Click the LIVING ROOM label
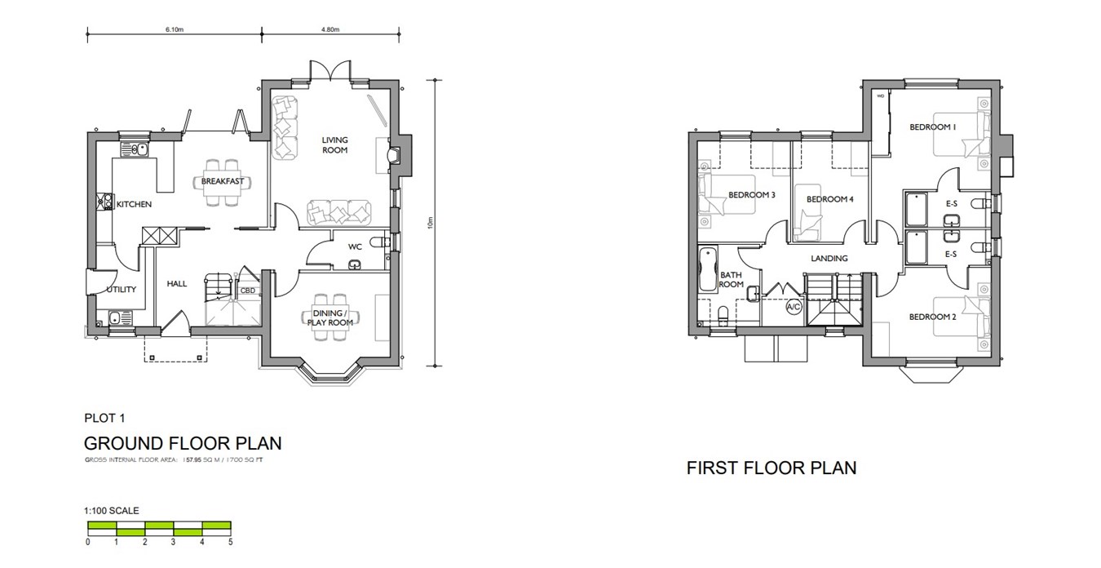point(334,145)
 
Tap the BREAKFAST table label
point(223,181)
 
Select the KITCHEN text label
point(134,204)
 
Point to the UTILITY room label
point(119,289)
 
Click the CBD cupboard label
point(248,290)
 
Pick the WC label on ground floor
point(355,246)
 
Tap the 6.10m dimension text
point(175,29)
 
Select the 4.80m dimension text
point(329,29)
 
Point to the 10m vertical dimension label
point(429,222)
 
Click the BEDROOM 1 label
point(933,126)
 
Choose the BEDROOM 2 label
point(933,317)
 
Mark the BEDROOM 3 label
point(751,194)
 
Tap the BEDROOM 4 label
point(829,199)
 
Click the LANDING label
point(829,259)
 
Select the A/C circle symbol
point(793,308)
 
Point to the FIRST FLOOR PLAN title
point(771,468)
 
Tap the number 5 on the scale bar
point(231,542)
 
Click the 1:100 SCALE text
point(112,511)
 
